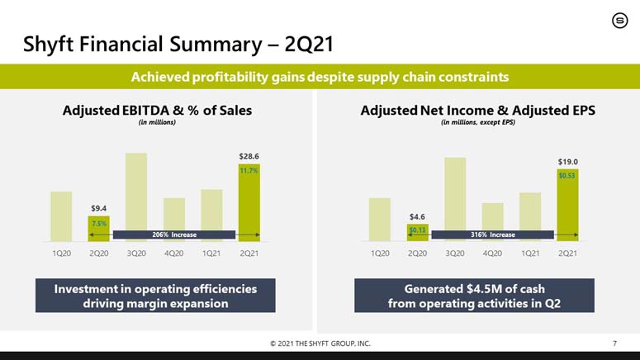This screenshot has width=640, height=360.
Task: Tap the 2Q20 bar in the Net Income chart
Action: (x=417, y=232)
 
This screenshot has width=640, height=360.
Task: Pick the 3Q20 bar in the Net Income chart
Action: (x=455, y=199)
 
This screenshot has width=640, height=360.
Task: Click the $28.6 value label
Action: (x=249, y=155)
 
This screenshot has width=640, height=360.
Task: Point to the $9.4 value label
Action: (x=99, y=208)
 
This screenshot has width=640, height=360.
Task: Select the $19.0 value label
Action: (x=567, y=162)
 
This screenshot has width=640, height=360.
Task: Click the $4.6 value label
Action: (x=417, y=216)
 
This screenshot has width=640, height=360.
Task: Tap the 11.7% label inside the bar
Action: (x=249, y=171)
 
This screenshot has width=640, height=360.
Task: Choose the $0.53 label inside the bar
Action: (x=567, y=176)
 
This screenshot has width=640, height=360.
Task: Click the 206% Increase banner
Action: (x=174, y=234)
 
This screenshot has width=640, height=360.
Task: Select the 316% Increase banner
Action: (x=492, y=234)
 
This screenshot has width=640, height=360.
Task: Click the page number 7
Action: (x=614, y=343)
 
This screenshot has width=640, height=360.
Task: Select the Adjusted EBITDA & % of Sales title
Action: (x=158, y=110)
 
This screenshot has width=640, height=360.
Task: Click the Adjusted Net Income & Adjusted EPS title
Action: (x=478, y=110)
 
